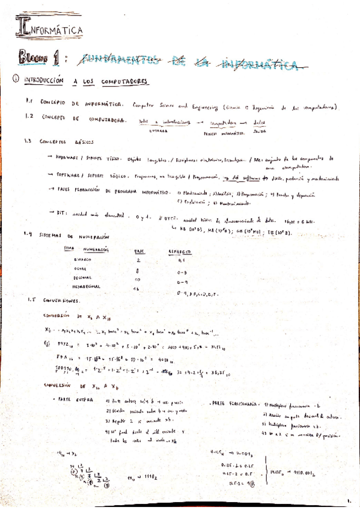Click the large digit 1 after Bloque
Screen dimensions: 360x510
pos(57,58)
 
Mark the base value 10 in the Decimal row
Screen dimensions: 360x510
pos(138,279)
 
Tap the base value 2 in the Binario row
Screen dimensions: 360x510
pos(138,260)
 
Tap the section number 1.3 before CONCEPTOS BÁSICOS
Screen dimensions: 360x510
pos(28,142)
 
